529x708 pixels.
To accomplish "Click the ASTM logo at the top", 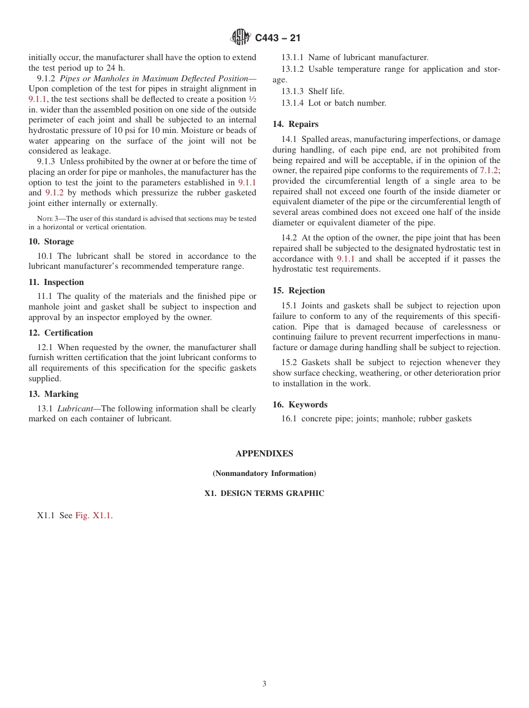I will click(x=241, y=37).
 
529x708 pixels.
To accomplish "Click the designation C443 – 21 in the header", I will click(x=278, y=38).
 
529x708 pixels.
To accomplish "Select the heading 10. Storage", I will click(x=51, y=242).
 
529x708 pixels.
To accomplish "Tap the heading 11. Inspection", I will click(x=56, y=282).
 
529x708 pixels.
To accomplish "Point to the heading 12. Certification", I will click(x=61, y=333).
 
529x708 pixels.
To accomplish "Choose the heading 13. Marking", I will click(x=53, y=394).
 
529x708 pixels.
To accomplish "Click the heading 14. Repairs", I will click(x=296, y=124).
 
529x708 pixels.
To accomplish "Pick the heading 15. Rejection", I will click(x=298, y=291).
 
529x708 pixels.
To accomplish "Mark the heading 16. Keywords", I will click(x=300, y=405).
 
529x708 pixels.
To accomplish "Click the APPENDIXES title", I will click(x=264, y=454).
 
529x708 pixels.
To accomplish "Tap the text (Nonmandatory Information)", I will click(x=264, y=474).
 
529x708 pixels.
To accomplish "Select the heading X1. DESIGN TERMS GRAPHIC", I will click(x=264, y=494).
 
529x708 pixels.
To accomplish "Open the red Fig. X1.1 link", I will click(x=94, y=515).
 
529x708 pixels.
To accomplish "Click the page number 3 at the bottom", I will click(x=264, y=684).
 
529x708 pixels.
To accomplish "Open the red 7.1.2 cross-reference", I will click(x=489, y=170).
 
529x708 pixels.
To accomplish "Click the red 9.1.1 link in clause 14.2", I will click(x=346, y=259).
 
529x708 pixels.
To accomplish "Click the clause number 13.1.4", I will click(x=292, y=103).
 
